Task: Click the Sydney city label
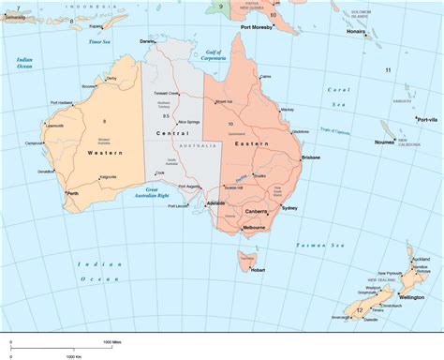click(x=289, y=207)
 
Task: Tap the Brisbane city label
click(x=311, y=157)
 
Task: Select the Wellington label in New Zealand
click(x=411, y=297)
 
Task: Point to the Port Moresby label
click(x=257, y=27)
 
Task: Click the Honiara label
click(x=356, y=32)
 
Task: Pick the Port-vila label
click(x=427, y=120)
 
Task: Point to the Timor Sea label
click(x=100, y=42)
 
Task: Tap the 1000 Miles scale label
click(x=113, y=343)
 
